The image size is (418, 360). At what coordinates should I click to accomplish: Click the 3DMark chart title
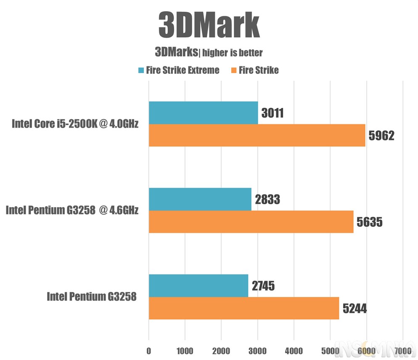pos(209,25)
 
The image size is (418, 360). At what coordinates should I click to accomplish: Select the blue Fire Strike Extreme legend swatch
pos(141,70)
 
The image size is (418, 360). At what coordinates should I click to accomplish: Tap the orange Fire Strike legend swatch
pos(234,70)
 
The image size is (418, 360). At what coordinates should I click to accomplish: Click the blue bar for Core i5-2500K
pos(204,113)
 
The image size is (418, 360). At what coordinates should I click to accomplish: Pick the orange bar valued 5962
pos(257,135)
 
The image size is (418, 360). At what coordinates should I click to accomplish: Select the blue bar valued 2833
pos(200,199)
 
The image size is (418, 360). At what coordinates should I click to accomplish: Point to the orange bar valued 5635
pos(251,222)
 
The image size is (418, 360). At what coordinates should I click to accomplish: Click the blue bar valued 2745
pos(198,286)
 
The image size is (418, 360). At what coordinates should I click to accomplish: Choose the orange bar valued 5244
pos(244,308)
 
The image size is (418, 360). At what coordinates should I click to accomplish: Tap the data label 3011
pos(272,113)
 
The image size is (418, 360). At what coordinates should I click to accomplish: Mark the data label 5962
pos(381,136)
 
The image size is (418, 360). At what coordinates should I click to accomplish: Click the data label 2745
pos(263,286)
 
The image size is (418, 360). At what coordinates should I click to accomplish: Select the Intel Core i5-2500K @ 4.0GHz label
pos(75,124)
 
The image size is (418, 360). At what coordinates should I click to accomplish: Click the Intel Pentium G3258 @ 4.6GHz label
pos(72,210)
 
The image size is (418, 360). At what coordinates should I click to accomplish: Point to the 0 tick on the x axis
pos(149,351)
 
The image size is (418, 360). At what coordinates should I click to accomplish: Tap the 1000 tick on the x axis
pos(185,351)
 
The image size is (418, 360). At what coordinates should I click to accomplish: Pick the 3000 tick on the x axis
pos(257,351)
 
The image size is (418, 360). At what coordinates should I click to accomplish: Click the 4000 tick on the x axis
pos(294,351)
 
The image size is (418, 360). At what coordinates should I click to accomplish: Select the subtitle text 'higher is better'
pos(233,53)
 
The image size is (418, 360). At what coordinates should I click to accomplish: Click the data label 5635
pos(370,222)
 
